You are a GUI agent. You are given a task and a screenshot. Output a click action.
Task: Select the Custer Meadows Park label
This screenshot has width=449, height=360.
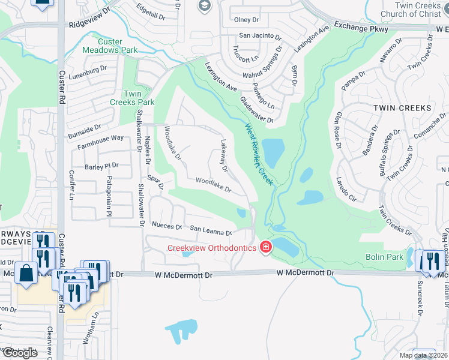pyautogui.click(x=111, y=45)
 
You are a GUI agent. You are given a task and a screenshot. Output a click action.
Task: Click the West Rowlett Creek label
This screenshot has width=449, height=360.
pyautogui.click(x=259, y=154)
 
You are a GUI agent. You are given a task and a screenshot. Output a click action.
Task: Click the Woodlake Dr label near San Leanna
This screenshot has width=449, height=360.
pyautogui.click(x=214, y=184)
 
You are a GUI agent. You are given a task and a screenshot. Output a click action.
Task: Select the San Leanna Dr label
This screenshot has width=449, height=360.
pyautogui.click(x=211, y=230)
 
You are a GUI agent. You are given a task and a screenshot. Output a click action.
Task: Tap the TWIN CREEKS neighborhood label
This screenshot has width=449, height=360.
pyautogui.click(x=402, y=108)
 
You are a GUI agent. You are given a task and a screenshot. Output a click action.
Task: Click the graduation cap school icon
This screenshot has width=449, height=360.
pyautogui.click(x=204, y=6)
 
